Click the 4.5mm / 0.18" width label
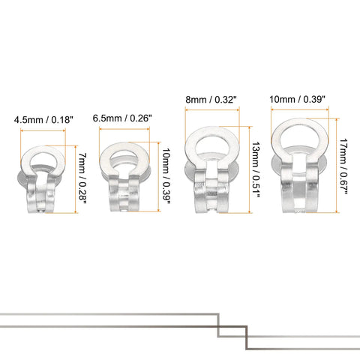(x=43, y=120)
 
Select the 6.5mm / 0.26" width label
(x=122, y=118)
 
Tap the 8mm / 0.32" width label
(x=211, y=100)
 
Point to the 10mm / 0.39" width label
(x=297, y=100)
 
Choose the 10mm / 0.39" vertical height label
(x=166, y=175)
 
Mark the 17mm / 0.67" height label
(x=343, y=166)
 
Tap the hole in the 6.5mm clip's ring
(x=124, y=159)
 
